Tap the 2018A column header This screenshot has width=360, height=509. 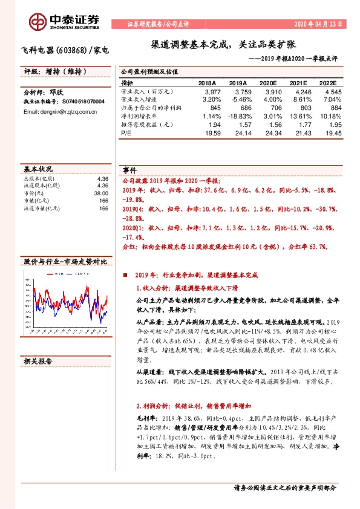pos(206,83)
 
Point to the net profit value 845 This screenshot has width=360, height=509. pos(209,108)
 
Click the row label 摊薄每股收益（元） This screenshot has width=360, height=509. pos(148,124)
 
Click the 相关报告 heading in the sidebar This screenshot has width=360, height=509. pos(38,361)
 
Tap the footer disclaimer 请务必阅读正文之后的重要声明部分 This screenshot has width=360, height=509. pos(284,487)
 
